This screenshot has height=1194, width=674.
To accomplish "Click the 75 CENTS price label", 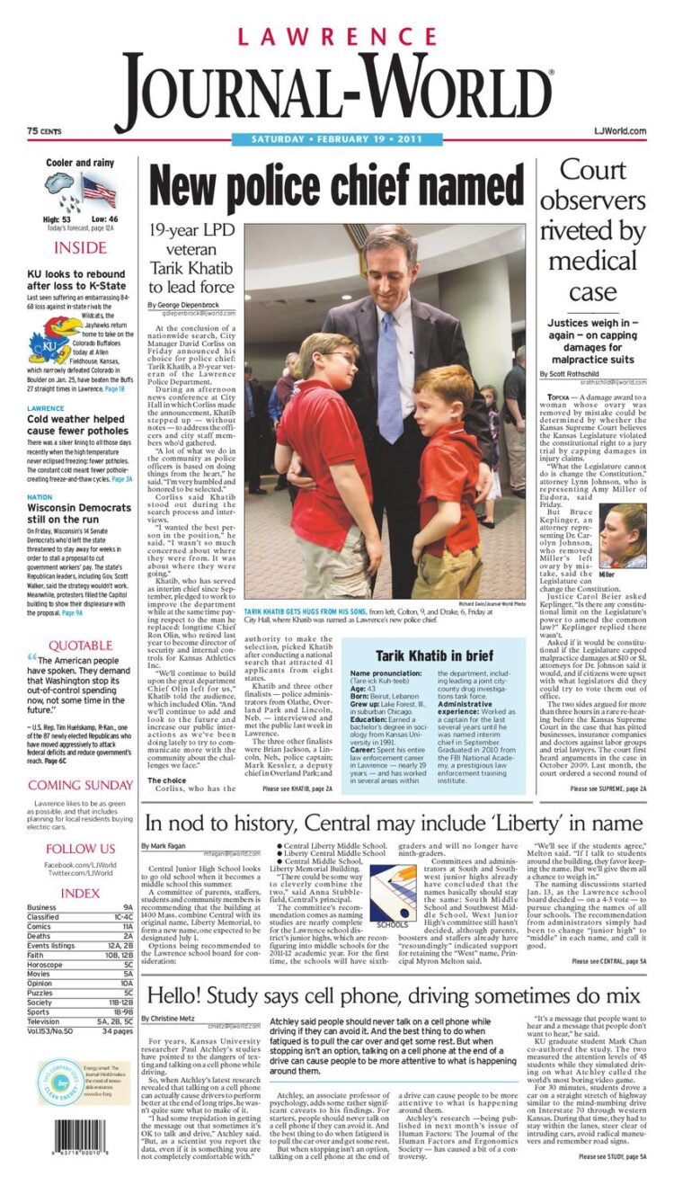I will [x=44, y=131].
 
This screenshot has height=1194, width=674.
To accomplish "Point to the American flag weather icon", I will [x=98, y=192].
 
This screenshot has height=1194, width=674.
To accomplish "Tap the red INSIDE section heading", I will [x=80, y=248].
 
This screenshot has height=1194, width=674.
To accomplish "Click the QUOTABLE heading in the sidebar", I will [x=80, y=646].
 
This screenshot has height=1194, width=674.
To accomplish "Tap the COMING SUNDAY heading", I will [x=80, y=785].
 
